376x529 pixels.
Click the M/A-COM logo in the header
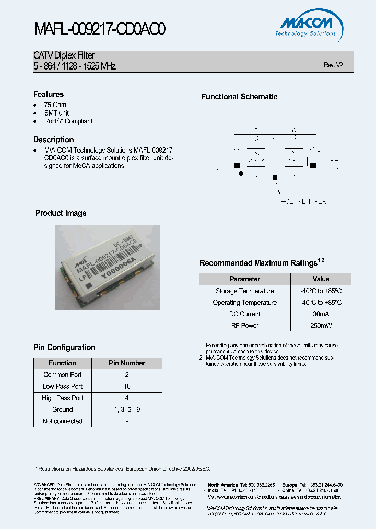pyautogui.click(x=307, y=26)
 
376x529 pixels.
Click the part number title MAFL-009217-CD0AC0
pyautogui.click(x=100, y=29)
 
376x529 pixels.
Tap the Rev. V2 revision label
pyautogui.click(x=333, y=65)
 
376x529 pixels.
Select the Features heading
pyautogui.click(x=49, y=95)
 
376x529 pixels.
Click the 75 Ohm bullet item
pyautogui.click(x=55, y=105)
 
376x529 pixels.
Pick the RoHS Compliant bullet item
pyautogui.click(x=68, y=121)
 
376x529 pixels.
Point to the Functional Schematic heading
pyautogui.click(x=239, y=97)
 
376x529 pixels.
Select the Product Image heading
pyautogui.click(x=61, y=213)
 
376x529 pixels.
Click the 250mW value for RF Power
pyautogui.click(x=321, y=326)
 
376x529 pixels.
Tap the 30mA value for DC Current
pyautogui.click(x=321, y=314)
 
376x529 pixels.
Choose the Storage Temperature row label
pyautogui.click(x=244, y=291)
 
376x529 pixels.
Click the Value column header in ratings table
pyautogui.click(x=321, y=279)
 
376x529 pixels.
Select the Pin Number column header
pyautogui.click(x=127, y=363)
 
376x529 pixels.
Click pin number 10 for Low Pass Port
pyautogui.click(x=127, y=386)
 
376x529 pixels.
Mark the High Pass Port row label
pyautogui.click(x=63, y=398)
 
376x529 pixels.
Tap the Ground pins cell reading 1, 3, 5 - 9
pyautogui.click(x=127, y=410)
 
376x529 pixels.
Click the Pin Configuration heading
pyautogui.click(x=64, y=348)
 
